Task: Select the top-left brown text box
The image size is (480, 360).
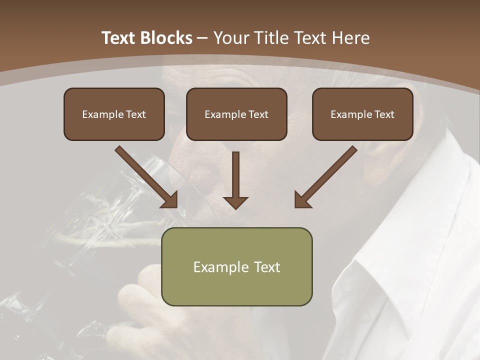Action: point(114,114)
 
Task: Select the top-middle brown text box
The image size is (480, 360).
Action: point(236,114)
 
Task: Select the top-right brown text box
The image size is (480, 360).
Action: point(362,114)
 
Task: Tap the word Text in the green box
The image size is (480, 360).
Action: point(267,267)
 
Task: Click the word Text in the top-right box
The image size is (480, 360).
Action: point(383,114)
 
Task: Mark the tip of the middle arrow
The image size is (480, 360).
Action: point(235,207)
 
